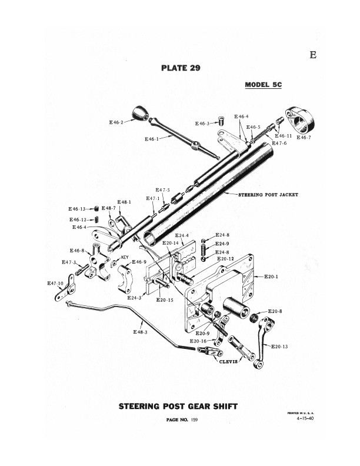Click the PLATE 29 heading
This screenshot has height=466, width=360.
[x=181, y=68]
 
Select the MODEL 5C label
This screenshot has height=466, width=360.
[x=264, y=85]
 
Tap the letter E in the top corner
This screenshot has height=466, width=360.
[x=312, y=56]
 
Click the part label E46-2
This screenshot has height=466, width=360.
[x=116, y=122]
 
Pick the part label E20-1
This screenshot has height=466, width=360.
[x=272, y=276]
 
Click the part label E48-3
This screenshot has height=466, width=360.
[x=141, y=332]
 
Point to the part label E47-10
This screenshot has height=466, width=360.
[x=56, y=284]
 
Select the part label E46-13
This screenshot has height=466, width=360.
[x=77, y=209]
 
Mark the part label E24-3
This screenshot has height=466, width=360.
[x=134, y=298]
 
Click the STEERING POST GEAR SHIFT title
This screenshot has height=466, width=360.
[x=179, y=405]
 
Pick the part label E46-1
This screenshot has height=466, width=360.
[x=152, y=139]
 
